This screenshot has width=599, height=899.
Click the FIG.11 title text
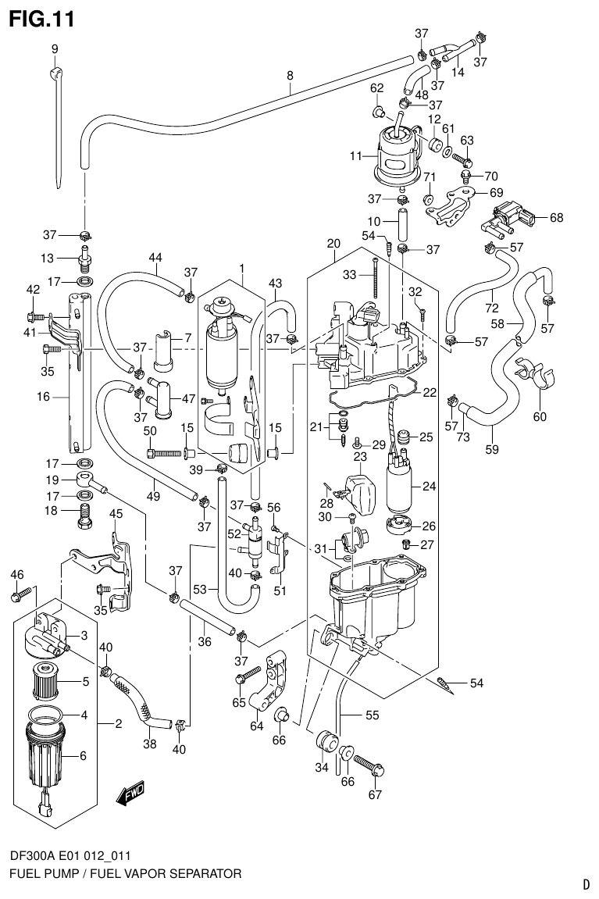[41, 18]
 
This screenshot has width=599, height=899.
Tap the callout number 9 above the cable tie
[55, 50]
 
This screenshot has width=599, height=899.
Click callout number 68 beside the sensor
[556, 217]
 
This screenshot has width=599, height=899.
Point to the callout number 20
[333, 244]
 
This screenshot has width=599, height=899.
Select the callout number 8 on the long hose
[290, 76]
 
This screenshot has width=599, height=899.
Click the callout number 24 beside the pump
[428, 487]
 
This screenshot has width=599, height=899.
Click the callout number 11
[356, 155]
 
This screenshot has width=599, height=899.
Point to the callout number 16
[42, 397]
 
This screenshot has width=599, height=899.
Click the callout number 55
[372, 714]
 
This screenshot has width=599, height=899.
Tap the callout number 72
[491, 309]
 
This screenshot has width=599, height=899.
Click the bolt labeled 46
[19, 596]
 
